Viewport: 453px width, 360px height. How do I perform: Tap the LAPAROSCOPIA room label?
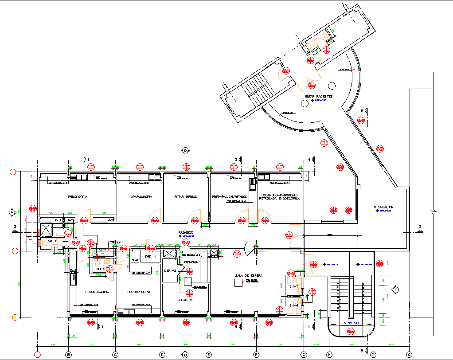[x=141, y=196]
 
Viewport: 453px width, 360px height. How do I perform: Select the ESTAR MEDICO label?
[x=185, y=196]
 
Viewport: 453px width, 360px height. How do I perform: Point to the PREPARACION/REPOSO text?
[x=229, y=196]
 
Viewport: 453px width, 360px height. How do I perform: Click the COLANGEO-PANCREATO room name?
[x=279, y=194]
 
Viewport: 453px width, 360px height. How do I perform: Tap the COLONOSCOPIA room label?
[x=97, y=292]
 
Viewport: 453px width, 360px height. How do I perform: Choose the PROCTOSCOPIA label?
[x=139, y=292]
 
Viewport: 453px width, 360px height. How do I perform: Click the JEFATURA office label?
[x=185, y=300]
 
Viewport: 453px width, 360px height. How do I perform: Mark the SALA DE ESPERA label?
[x=249, y=276]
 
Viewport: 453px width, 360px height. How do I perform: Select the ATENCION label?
[x=191, y=262]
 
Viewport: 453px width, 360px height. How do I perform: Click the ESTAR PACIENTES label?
[x=318, y=96]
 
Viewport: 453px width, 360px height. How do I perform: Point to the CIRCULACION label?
[x=383, y=207]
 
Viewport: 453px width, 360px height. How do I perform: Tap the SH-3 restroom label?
[x=294, y=286]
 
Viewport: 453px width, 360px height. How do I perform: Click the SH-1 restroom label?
[x=52, y=241]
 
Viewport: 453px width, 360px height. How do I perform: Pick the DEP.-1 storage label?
[x=151, y=257]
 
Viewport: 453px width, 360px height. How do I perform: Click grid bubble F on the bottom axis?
[x=256, y=354]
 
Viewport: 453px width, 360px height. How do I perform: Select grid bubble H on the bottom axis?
[x=328, y=354]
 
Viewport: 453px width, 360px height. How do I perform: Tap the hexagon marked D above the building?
[x=185, y=150]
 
